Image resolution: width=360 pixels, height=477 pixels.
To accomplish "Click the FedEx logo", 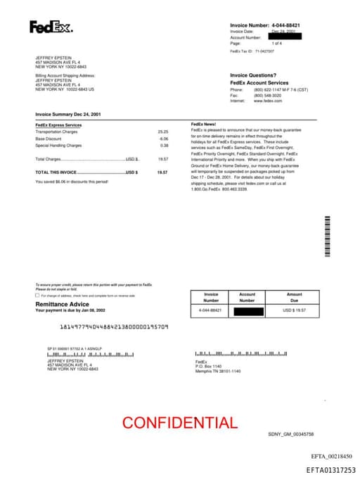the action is coord(50,27).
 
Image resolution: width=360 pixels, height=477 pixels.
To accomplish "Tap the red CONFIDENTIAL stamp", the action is coord(179,422).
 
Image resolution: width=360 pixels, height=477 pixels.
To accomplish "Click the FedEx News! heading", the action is coord(205,124).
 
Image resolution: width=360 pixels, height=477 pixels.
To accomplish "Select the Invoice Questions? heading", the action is coord(253,75).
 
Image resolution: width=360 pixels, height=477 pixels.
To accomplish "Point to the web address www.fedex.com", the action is coord(268,101).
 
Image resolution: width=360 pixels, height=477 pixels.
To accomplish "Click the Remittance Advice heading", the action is coord(62,304).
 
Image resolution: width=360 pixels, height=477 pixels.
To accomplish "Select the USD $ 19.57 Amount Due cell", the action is coord(294,310).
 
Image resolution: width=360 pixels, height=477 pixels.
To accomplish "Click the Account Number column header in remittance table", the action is coord(247,297).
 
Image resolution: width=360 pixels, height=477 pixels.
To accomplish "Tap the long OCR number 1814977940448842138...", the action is coord(113,327).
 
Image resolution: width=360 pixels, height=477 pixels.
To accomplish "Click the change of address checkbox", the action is coord(37,295).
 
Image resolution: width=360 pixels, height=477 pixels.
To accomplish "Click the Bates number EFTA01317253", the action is coord(330,469).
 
